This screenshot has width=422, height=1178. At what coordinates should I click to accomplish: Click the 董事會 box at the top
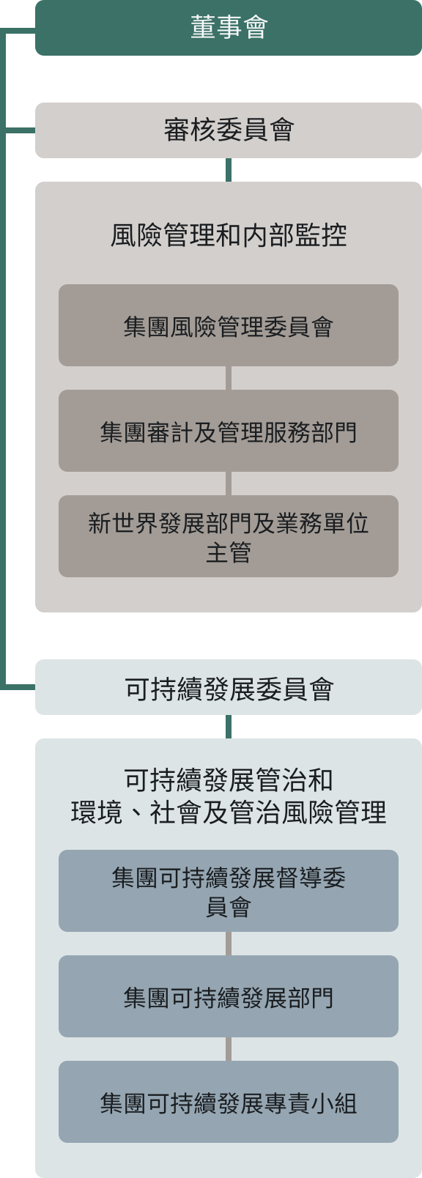tap(229, 27)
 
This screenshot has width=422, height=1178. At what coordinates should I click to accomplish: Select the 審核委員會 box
tap(229, 130)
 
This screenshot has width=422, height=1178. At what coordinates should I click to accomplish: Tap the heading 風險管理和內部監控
tap(229, 235)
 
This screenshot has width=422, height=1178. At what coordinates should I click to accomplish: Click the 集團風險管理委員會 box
tap(229, 325)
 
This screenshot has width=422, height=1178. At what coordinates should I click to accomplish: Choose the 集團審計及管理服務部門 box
tap(229, 431)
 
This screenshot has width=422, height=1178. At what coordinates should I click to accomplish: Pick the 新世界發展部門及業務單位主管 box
tap(229, 536)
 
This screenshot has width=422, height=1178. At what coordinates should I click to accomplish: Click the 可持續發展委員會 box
tap(229, 687)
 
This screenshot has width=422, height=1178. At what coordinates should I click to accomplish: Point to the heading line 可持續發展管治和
tap(229, 779)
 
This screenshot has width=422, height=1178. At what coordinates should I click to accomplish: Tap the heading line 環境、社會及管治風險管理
tap(229, 812)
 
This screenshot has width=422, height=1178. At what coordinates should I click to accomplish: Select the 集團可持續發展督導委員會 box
tap(229, 891)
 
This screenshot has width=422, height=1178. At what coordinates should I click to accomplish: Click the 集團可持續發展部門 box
tap(229, 996)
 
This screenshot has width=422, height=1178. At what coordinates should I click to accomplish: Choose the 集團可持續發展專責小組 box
tap(229, 1102)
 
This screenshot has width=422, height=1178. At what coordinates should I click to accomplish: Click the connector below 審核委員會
tap(229, 170)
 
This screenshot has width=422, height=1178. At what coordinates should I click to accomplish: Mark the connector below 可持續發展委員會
tap(229, 727)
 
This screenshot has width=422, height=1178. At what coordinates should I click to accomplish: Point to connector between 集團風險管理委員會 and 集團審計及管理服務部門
tap(229, 378)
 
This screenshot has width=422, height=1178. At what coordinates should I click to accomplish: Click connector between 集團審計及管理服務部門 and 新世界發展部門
tap(229, 484)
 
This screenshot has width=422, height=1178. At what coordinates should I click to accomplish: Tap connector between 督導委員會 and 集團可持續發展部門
tap(229, 944)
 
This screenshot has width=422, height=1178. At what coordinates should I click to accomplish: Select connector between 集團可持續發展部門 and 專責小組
tap(229, 1049)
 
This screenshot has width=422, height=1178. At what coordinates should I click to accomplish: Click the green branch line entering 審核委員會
tap(20, 130)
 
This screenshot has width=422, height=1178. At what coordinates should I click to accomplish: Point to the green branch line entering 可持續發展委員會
tap(20, 687)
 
